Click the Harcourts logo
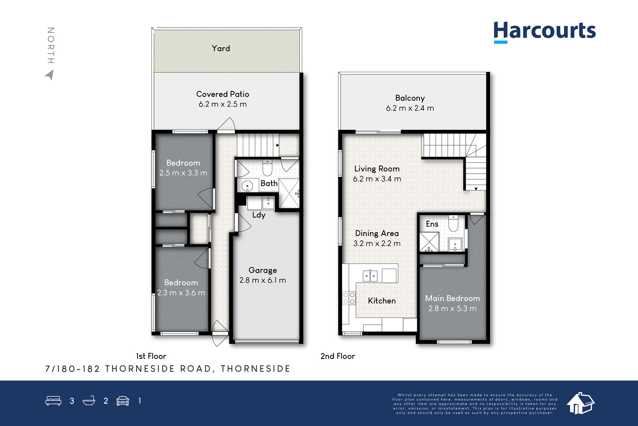click(x=545, y=32)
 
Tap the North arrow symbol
click(x=50, y=75)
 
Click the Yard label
click(x=221, y=48)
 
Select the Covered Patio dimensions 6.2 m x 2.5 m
click(x=223, y=104)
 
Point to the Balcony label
click(x=410, y=98)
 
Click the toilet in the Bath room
click(x=267, y=168)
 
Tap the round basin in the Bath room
click(x=247, y=186)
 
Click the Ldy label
click(x=259, y=215)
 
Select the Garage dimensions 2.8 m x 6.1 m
click(x=263, y=280)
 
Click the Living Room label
click(x=377, y=169)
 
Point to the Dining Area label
click(x=377, y=234)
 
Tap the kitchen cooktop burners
click(x=349, y=298)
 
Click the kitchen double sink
click(x=370, y=276)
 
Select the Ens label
click(x=432, y=224)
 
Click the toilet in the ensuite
click(x=453, y=224)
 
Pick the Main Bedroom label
click(x=453, y=299)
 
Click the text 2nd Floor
click(x=338, y=356)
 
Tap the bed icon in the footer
click(x=53, y=400)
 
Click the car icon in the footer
click(x=123, y=401)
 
